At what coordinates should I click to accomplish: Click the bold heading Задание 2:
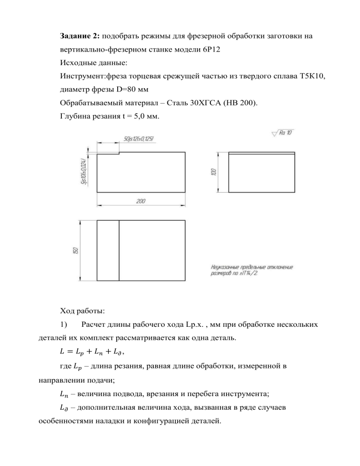point(80,36)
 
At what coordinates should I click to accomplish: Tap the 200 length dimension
point(141,202)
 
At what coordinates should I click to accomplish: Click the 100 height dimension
point(214,171)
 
